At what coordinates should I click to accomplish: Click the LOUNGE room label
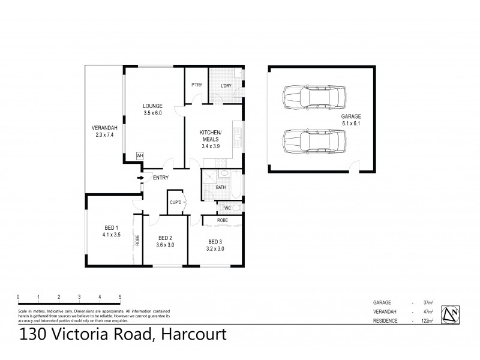tap(153, 106)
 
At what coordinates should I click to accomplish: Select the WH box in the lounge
tap(140, 156)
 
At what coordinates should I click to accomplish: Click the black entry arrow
tap(140, 178)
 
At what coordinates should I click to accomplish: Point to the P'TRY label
tap(196, 85)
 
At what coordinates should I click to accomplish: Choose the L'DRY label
tap(226, 85)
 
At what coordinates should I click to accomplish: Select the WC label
tap(227, 208)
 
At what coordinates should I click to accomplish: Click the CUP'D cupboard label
tap(176, 202)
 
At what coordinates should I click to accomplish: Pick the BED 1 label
tap(112, 228)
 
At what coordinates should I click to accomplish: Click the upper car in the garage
tap(313, 96)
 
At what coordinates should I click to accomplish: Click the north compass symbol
tap(451, 313)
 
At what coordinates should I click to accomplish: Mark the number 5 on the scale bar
tap(120, 297)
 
